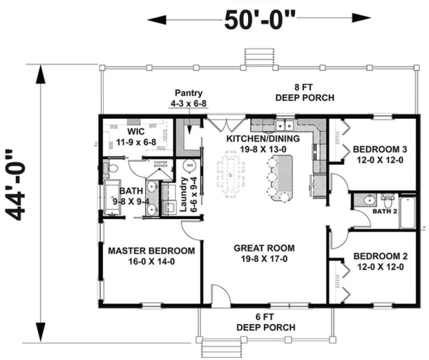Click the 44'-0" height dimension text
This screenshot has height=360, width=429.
pyautogui.click(x=21, y=184)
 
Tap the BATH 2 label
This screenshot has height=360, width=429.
pyautogui.click(x=385, y=211)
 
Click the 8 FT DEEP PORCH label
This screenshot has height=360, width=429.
pyautogui.click(x=304, y=93)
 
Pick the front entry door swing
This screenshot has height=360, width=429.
pyautogui.click(x=219, y=295)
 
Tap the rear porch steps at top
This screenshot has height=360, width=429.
pyautogui.click(x=253, y=56)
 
